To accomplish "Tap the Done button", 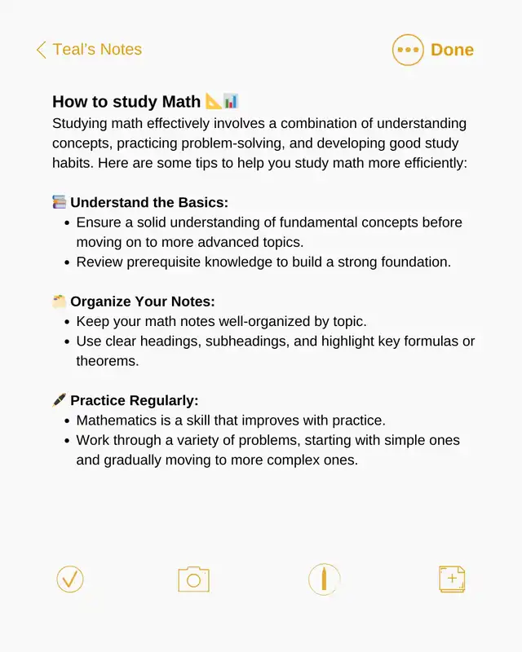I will point(452,50).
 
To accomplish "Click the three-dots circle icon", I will point(408,50).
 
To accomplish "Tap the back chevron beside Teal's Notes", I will point(41,50).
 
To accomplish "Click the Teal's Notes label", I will point(97,50).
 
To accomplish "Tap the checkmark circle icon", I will point(70,579).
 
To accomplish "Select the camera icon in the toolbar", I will point(193,579).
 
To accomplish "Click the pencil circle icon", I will point(324,579).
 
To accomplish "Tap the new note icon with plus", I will point(452,579).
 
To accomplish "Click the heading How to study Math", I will point(126,102).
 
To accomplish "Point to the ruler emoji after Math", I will point(213,102).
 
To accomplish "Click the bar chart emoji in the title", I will point(231,102).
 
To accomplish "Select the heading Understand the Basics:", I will point(149,202).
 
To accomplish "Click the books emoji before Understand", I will point(60,202).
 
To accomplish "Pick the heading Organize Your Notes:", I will point(142,302).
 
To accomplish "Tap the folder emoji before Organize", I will point(60,302).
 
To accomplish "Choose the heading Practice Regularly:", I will point(135,401).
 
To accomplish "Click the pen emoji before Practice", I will point(60,401).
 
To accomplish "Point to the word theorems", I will point(108,360).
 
